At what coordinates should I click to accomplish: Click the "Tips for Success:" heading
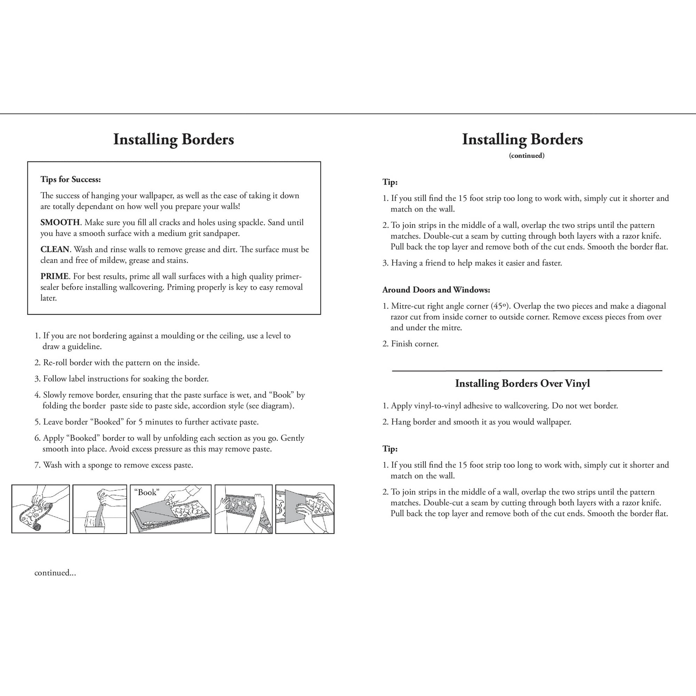pyautogui.click(x=71, y=180)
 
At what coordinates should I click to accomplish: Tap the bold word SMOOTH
pyautogui.click(x=60, y=222)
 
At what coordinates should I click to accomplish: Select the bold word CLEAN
pyautogui.click(x=54, y=249)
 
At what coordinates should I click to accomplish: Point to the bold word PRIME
pyautogui.click(x=54, y=276)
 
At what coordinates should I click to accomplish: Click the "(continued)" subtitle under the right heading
pyautogui.click(x=526, y=156)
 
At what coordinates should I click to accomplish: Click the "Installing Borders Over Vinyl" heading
pyautogui.click(x=522, y=383)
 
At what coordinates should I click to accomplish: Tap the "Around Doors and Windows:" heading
pyautogui.click(x=436, y=290)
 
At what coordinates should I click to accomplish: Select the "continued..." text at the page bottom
pyautogui.click(x=55, y=573)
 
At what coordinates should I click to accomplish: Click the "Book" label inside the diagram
pyautogui.click(x=147, y=492)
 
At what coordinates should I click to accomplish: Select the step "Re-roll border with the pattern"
pyautogui.click(x=121, y=363)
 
